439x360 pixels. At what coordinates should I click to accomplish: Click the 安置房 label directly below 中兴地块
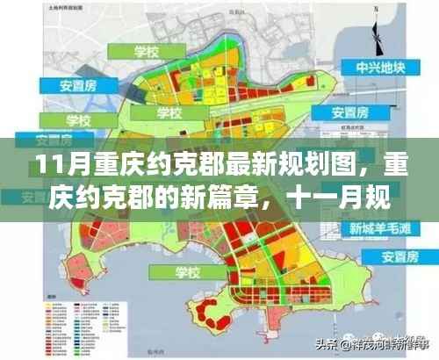click(356, 113)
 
